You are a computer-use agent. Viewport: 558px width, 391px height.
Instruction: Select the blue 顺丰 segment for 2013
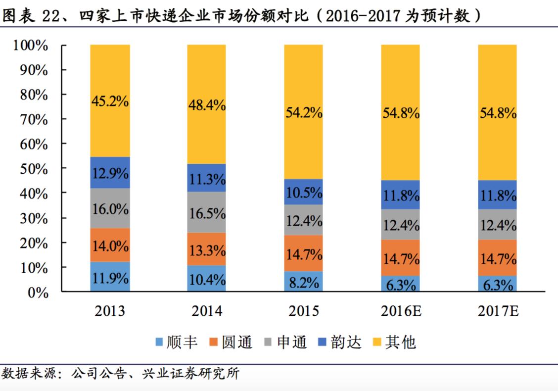110,277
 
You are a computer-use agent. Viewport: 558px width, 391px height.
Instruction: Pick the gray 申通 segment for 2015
303,220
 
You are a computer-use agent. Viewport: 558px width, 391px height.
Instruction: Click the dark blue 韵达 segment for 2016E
400,195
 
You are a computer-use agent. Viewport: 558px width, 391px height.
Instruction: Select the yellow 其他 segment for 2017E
497,112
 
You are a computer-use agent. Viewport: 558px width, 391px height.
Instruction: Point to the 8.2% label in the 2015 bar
303,283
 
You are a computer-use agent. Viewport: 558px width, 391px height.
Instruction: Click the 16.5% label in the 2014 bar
206,213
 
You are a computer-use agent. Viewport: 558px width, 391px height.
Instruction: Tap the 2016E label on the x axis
400,311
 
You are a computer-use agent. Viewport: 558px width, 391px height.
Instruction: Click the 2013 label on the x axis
110,311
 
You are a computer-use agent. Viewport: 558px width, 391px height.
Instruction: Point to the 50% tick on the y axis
34,169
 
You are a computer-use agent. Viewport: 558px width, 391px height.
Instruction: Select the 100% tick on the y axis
31,46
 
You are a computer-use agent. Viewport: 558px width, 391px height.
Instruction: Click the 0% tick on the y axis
38,293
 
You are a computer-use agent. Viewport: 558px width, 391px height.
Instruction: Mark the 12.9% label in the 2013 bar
110,174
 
